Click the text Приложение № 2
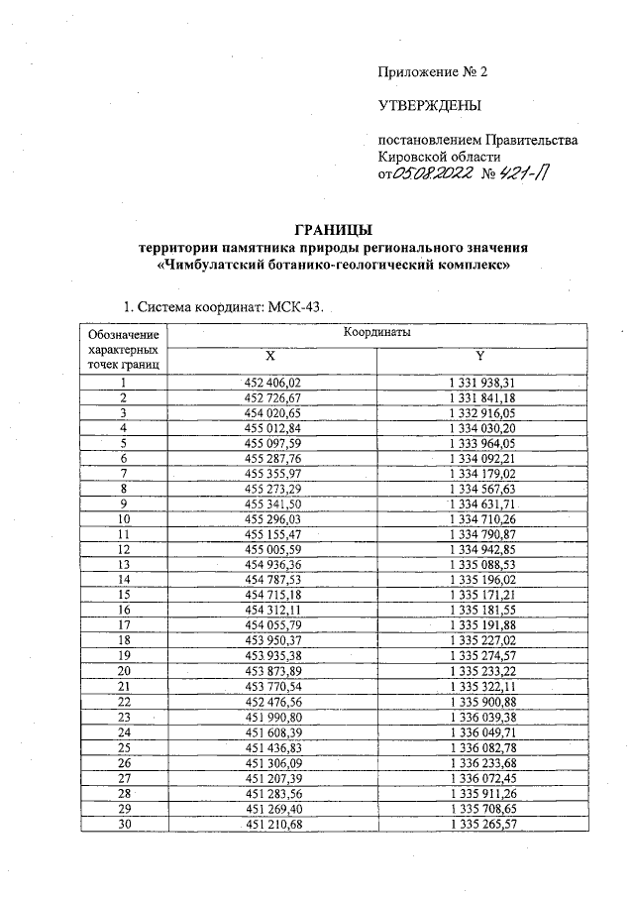click(x=433, y=71)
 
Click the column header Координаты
click(x=377, y=333)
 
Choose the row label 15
click(x=124, y=594)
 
